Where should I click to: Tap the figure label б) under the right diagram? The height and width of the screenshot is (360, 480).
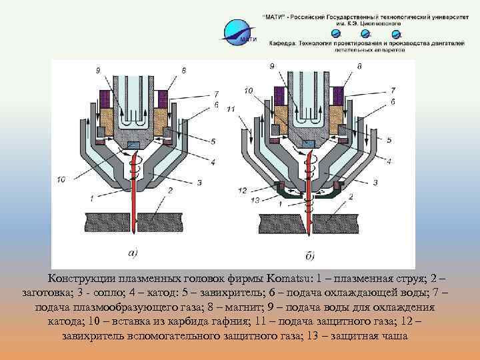click(x=311, y=254)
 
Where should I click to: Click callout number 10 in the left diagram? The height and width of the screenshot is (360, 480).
click(x=61, y=178)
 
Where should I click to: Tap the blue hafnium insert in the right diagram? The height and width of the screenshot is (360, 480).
click(x=309, y=143)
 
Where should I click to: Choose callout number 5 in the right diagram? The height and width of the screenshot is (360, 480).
click(x=389, y=141)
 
